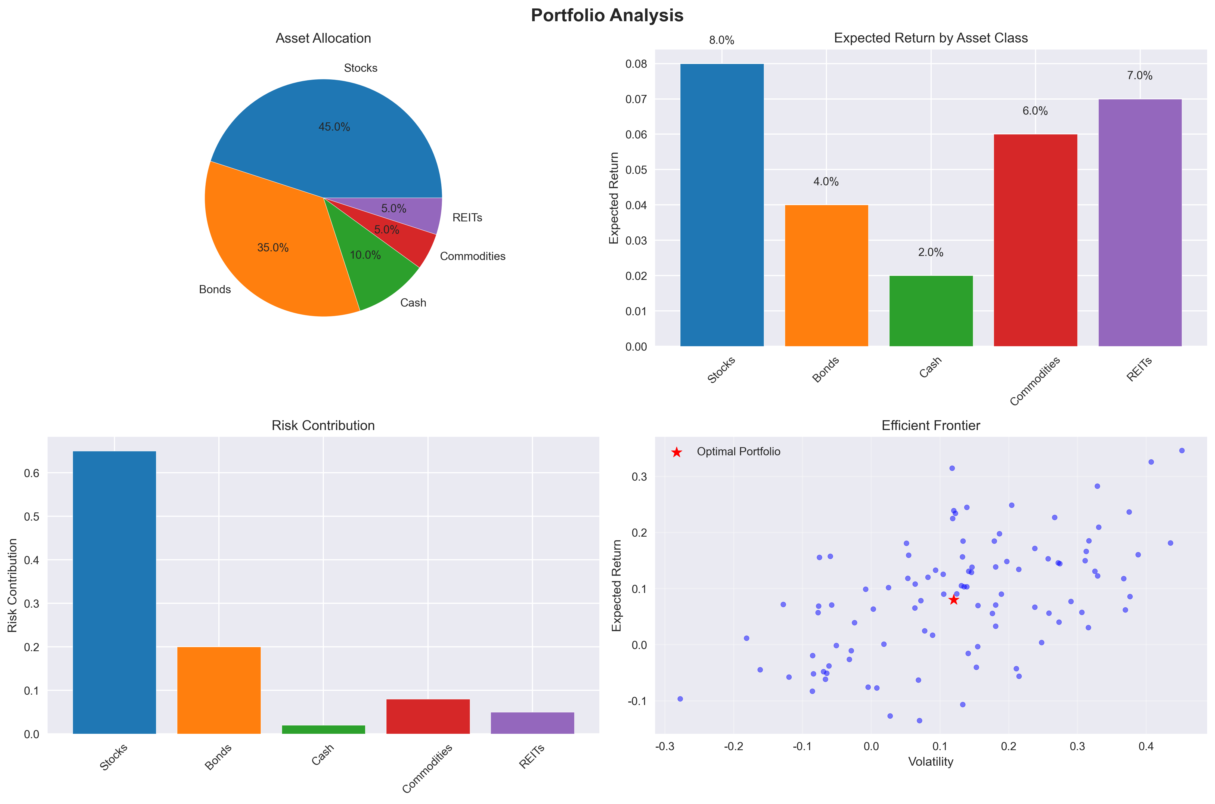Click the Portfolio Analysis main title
coord(607,16)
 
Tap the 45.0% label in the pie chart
coord(334,127)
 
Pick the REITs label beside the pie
coord(467,218)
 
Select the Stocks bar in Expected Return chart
coord(722,205)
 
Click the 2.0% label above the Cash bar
coord(931,252)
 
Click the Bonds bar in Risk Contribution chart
coord(219,690)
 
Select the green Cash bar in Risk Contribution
coord(324,729)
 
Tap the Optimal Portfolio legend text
coord(738,452)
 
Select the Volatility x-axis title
coord(931,762)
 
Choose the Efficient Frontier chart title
coord(931,426)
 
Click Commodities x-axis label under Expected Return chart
coord(1034,382)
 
